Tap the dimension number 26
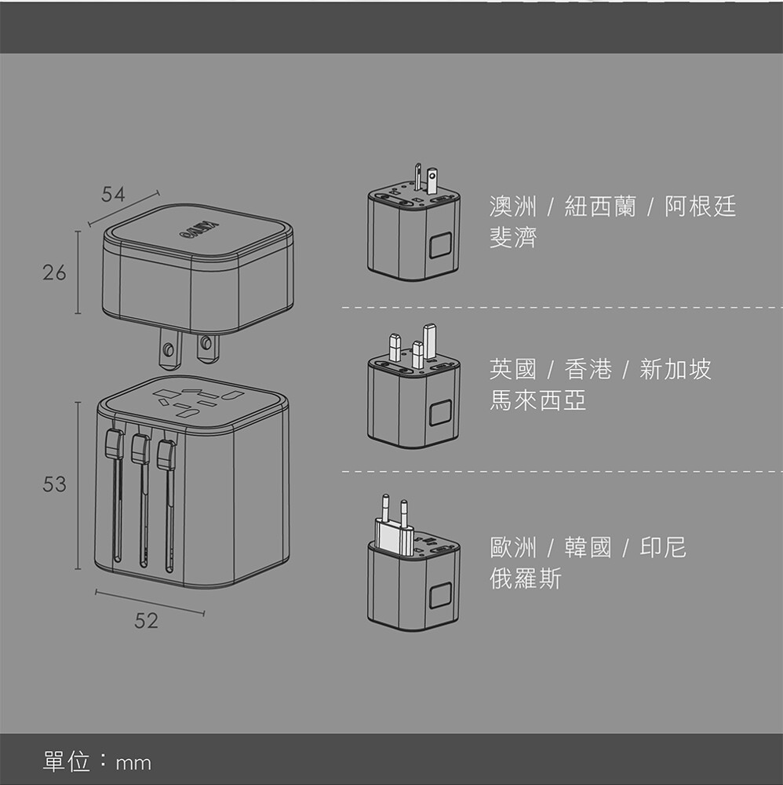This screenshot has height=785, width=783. tap(55, 273)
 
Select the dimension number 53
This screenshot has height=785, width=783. tap(55, 484)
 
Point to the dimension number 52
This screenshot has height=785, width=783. tap(146, 621)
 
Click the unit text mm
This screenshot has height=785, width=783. tap(133, 762)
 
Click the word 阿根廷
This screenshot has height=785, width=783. tap(700, 207)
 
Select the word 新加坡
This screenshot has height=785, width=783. tap(676, 370)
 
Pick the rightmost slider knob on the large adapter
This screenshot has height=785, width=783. tap(166, 455)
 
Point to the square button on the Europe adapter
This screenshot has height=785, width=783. tap(440, 593)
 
